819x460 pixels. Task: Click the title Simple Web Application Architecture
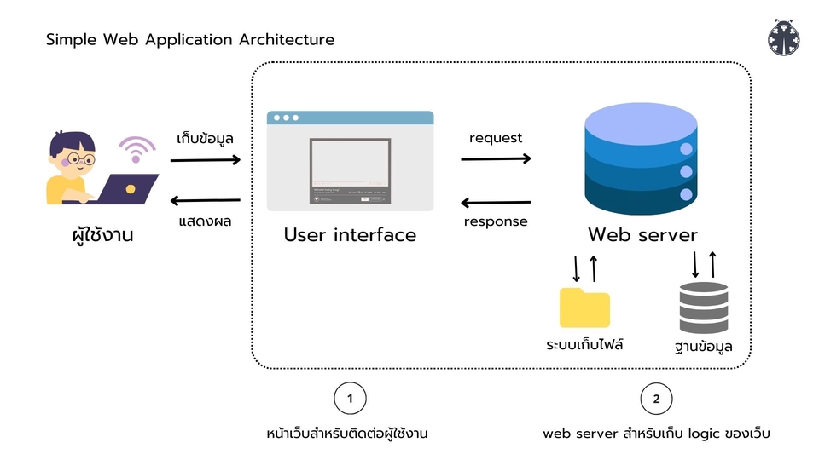point(190,40)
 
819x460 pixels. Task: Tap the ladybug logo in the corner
point(783,38)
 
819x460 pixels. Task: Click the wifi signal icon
point(136,148)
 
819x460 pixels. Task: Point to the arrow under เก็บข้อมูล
point(206,159)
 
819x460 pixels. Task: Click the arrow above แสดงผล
point(206,201)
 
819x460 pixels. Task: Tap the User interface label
point(350,235)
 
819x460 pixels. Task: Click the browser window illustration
point(350,161)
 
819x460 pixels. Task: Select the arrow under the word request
point(496,158)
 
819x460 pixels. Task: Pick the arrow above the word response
point(496,203)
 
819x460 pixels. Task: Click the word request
point(496,138)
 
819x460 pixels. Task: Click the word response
point(496,222)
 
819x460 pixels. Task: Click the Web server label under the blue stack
point(642,235)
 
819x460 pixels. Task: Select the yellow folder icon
point(584,308)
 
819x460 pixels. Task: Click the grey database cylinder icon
point(704,308)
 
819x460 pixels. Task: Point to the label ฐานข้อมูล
point(703,347)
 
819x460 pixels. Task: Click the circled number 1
point(349,398)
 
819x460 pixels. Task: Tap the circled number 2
point(656,398)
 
